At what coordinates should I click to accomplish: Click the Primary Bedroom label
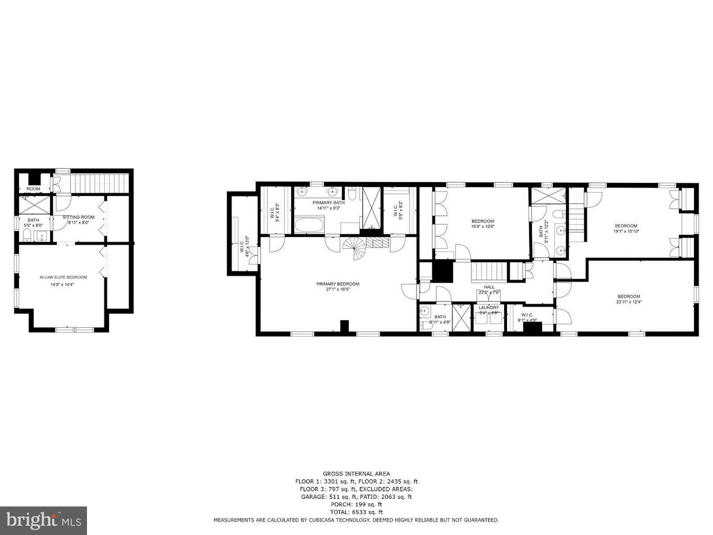338,284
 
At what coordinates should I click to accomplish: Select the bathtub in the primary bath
309,226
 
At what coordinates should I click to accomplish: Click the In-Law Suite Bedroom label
63,277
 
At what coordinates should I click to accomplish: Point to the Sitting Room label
78,217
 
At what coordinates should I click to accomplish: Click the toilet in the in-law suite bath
26,235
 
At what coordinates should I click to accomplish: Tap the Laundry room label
488,307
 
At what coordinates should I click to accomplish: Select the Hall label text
489,287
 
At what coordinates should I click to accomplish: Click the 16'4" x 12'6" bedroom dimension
483,226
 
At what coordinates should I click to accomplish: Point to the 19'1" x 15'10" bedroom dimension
626,231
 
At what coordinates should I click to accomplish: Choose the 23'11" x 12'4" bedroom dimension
629,301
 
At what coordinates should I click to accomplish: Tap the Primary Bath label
328,203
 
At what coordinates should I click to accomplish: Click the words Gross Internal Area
356,474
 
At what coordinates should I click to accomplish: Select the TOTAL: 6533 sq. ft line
356,512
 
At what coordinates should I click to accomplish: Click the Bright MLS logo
43,521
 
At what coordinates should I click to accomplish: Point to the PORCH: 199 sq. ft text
356,504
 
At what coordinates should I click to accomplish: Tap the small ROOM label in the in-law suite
34,189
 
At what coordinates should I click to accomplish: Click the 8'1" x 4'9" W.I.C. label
527,320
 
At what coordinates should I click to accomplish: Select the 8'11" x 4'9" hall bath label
440,322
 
